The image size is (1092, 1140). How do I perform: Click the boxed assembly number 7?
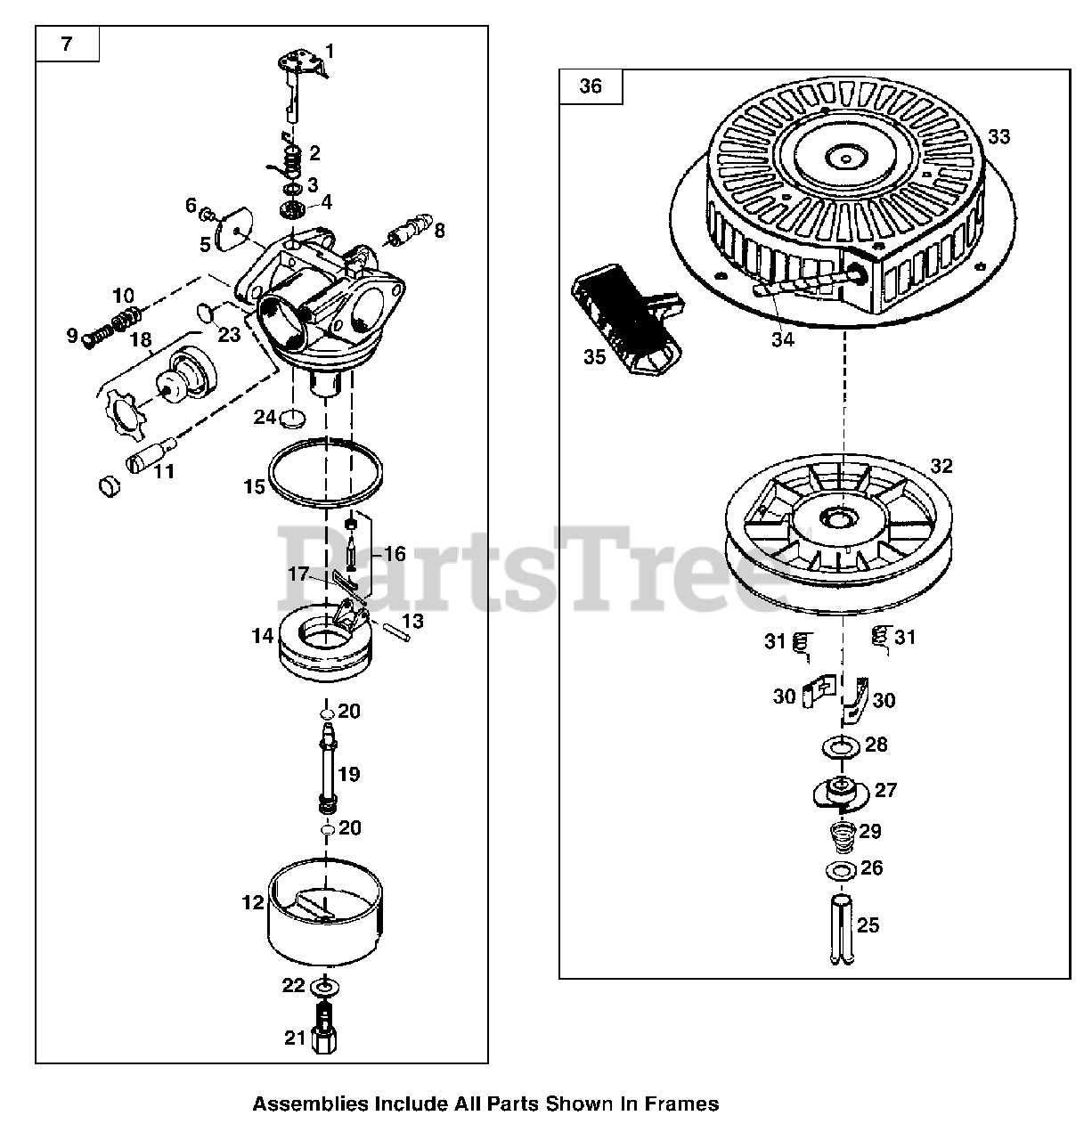(67, 44)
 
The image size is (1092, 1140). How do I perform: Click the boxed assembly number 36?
(591, 85)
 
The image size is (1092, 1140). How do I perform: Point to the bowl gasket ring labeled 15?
(326, 473)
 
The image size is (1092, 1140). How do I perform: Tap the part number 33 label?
(998, 137)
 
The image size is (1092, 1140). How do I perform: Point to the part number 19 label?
(349, 774)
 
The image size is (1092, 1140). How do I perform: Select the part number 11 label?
(163, 471)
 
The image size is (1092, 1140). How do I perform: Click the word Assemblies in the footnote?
(297, 1104)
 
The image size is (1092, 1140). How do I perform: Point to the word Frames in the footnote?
(685, 1104)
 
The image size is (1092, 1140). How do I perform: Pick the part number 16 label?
(394, 554)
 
